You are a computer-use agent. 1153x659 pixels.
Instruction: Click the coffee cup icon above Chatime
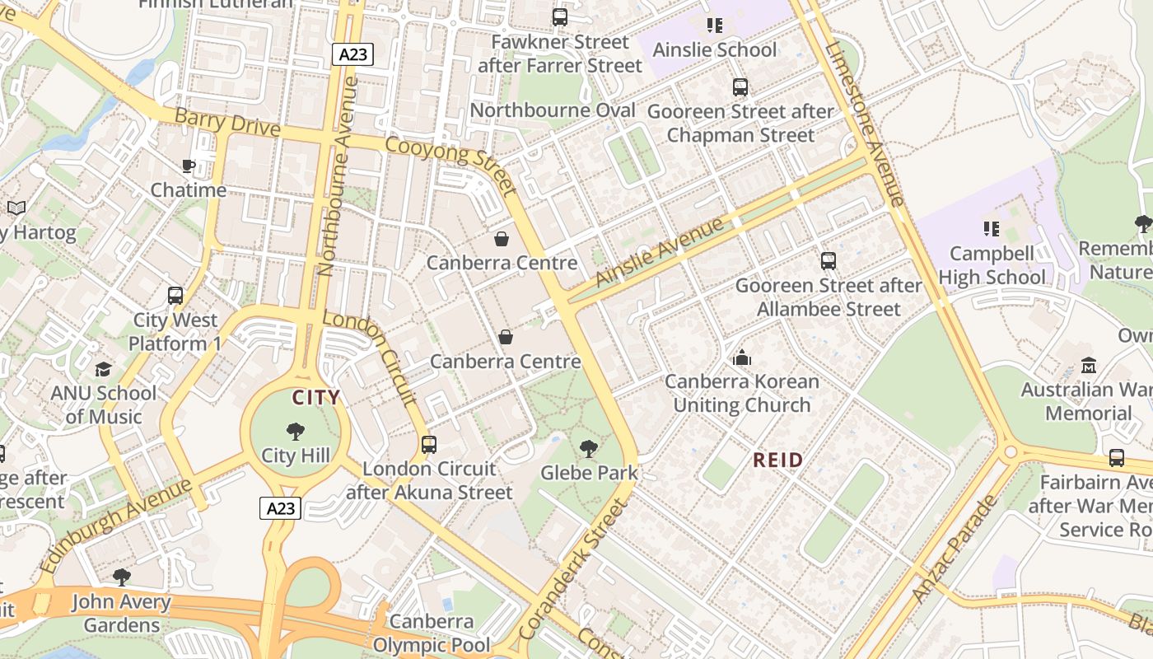click(189, 166)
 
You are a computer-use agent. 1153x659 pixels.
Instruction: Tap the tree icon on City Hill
click(295, 431)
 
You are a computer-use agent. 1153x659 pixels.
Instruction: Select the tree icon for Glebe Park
click(588, 449)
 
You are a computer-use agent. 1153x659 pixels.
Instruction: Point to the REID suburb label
click(777, 460)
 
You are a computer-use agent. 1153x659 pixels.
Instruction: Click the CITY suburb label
click(316, 398)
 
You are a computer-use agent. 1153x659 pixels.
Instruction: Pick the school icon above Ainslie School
click(714, 26)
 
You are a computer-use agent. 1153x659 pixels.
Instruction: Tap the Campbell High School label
click(992, 265)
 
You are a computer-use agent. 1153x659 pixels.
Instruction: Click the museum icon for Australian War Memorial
click(1089, 365)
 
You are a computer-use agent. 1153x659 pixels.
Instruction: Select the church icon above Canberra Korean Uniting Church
click(742, 358)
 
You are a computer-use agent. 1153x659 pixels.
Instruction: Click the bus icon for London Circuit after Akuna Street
click(428, 445)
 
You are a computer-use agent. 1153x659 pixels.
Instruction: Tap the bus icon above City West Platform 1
click(175, 296)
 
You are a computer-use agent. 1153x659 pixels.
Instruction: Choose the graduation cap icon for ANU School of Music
click(103, 368)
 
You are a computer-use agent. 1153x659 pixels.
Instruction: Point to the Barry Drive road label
click(227, 123)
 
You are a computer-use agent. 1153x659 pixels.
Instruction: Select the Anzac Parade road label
click(955, 548)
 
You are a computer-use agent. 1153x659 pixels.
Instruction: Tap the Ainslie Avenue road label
click(658, 251)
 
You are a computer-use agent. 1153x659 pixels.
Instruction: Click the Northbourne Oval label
click(553, 110)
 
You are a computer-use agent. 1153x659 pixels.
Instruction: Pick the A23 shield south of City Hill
click(281, 508)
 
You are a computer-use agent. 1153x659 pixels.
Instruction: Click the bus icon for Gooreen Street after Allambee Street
click(828, 261)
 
